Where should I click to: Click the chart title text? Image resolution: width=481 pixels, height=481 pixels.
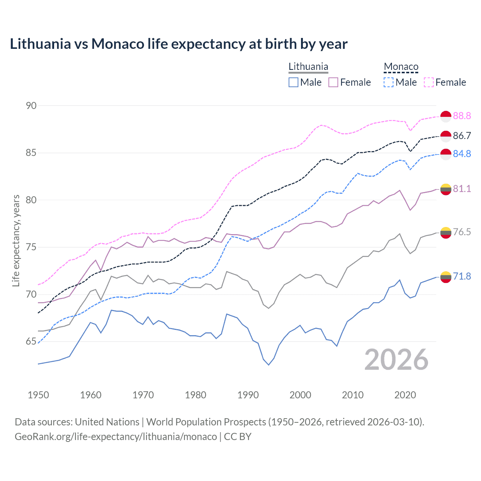coord(178,44)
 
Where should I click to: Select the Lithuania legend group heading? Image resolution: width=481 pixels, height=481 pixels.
coord(308,67)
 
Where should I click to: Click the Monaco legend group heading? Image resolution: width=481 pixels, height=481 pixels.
coord(401,67)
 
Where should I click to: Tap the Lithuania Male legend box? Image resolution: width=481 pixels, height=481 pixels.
coord(293,82)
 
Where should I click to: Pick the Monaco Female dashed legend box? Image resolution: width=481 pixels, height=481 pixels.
coord(429,82)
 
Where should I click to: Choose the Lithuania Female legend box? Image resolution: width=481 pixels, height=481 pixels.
coord(333,82)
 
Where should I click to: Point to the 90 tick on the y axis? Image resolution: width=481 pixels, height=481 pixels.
coord(31,106)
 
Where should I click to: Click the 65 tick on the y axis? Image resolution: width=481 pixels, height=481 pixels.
coord(31,342)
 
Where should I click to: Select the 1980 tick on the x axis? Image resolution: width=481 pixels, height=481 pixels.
coord(195,395)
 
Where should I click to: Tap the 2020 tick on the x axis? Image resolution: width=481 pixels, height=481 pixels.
coord(405,395)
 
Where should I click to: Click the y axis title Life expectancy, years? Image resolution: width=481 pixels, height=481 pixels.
coord(16,240)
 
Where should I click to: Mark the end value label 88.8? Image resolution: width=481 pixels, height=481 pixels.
coord(462,116)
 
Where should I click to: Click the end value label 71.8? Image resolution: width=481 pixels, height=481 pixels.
coord(462,277)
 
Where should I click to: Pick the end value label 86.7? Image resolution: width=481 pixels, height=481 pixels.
coord(462,136)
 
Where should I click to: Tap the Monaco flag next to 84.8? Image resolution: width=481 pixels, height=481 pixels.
coord(446,154)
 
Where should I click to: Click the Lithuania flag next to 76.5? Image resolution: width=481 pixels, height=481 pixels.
coord(446,233)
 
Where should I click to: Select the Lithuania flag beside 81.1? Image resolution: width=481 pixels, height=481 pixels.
coord(446,189)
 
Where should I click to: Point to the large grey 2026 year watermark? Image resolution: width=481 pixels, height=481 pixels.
coord(396,360)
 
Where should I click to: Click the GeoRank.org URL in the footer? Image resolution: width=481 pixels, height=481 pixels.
coord(116,437)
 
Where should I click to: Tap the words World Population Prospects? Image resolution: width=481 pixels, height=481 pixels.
coord(206,422)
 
